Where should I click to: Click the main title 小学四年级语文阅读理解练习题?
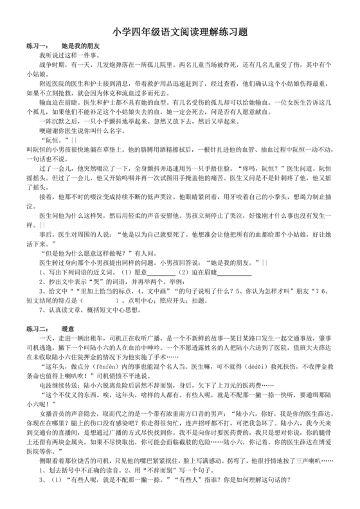tap(180, 31)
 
